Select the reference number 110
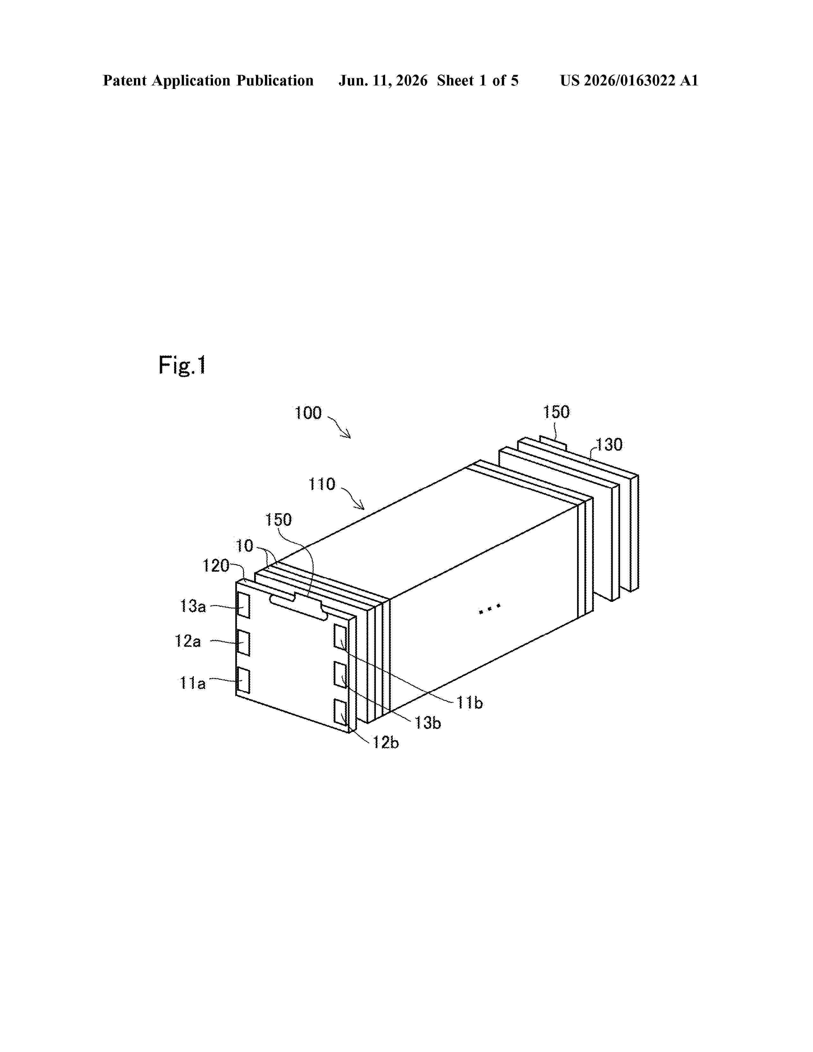(x=322, y=484)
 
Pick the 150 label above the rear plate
(x=556, y=412)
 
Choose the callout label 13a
(x=193, y=606)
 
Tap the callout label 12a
(x=188, y=641)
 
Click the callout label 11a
(x=193, y=683)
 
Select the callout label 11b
(x=470, y=703)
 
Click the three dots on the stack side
(x=490, y=609)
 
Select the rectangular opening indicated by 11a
(x=244, y=681)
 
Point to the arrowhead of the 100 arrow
(x=348, y=436)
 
